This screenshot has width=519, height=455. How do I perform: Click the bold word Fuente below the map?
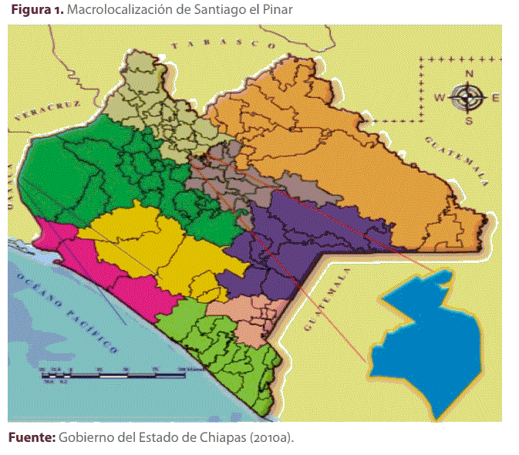[x=31, y=438]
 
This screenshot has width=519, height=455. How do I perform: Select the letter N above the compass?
[x=468, y=75]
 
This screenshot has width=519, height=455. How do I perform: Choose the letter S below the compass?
[x=468, y=120]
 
